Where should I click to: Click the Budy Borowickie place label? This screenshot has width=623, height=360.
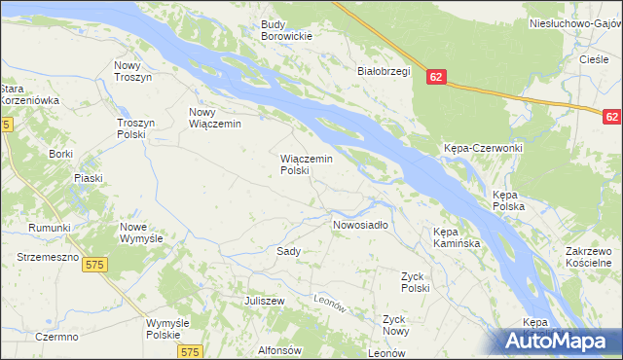(285, 30)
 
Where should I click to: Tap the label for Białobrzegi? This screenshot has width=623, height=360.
(385, 71)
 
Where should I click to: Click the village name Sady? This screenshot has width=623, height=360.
(288, 250)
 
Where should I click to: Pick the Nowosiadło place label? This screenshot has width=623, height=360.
(360, 225)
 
